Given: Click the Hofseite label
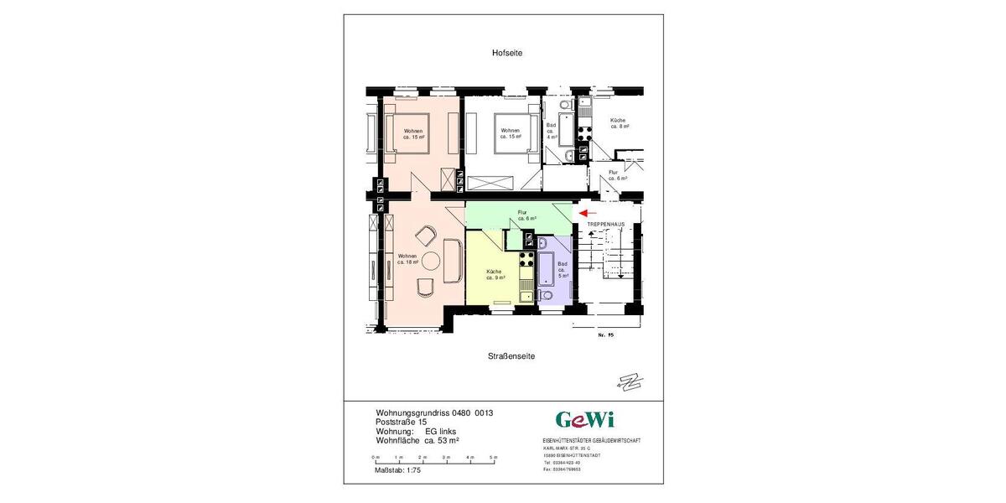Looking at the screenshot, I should [x=506, y=53].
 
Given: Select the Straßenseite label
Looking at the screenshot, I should [x=511, y=356].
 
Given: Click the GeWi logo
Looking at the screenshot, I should [x=585, y=419].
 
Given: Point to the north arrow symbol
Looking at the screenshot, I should [x=628, y=382].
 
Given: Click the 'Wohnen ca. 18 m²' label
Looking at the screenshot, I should [x=407, y=259].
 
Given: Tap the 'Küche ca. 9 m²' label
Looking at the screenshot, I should [x=495, y=275].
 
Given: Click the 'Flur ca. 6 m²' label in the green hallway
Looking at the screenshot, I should [x=526, y=215].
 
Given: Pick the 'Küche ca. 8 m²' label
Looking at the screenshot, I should [x=619, y=123].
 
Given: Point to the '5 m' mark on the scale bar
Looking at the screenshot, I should [x=494, y=457].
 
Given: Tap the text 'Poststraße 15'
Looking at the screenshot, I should [x=401, y=423].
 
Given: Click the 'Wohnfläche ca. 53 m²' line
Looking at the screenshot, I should [x=417, y=440].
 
